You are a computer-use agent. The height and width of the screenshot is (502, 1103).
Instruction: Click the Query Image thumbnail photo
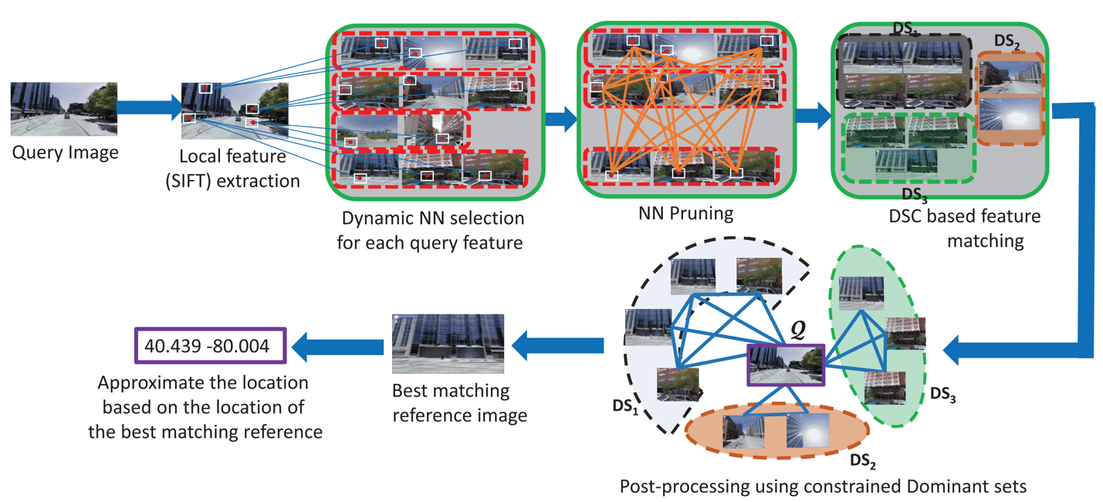click(64, 109)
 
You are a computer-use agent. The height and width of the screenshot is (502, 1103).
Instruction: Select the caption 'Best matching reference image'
click(459, 402)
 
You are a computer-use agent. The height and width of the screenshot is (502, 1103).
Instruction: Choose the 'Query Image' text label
click(65, 152)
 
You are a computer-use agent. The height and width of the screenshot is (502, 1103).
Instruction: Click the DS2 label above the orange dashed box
click(1007, 45)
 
